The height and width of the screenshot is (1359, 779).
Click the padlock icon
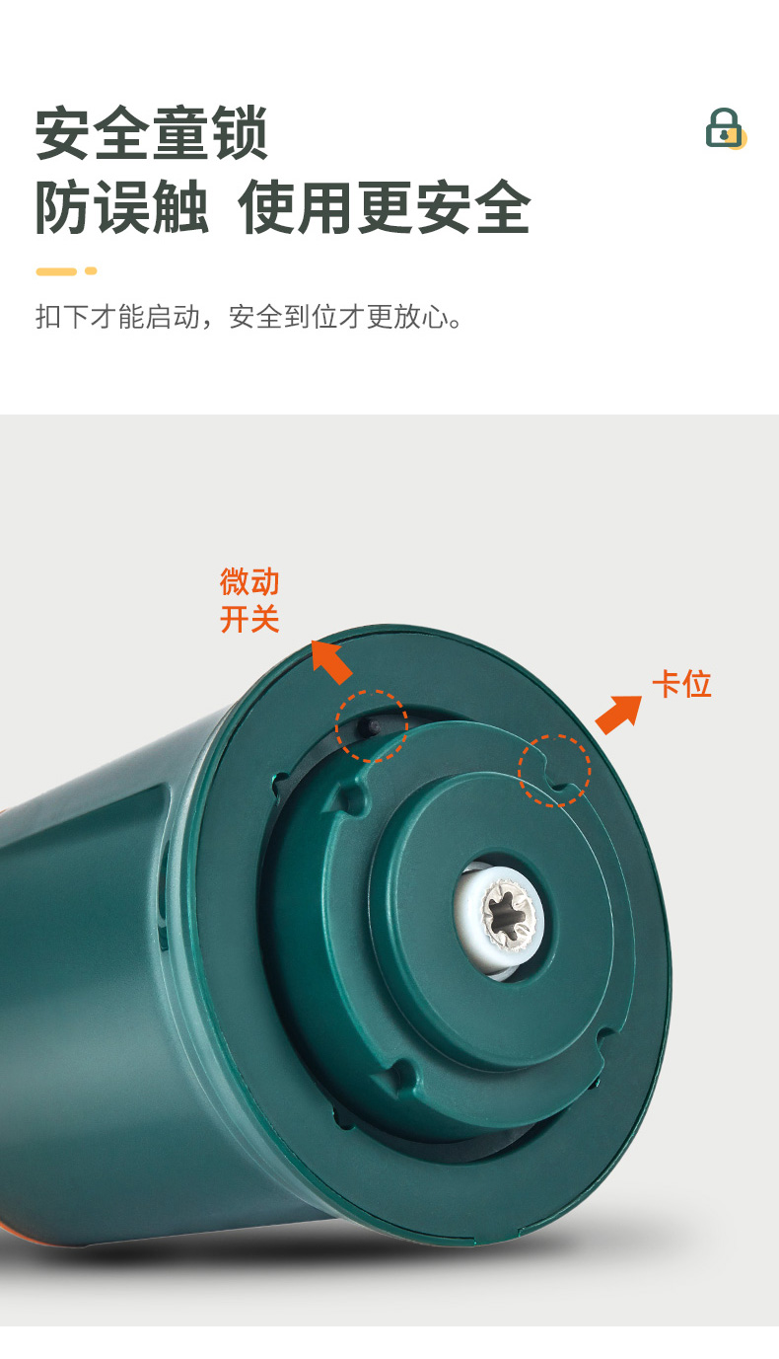(726, 128)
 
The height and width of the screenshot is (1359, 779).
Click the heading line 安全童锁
(152, 133)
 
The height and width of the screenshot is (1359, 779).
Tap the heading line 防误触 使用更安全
(283, 207)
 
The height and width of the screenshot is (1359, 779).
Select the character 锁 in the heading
(240, 133)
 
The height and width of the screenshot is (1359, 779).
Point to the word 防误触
(122, 207)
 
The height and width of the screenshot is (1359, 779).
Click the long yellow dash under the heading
(56, 271)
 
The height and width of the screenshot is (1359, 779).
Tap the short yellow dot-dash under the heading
(91, 271)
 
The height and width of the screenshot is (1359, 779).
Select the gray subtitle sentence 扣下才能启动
(117, 317)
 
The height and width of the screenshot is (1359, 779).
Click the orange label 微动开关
(249, 600)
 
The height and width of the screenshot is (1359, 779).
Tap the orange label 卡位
(682, 684)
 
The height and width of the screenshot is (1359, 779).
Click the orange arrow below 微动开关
(331, 661)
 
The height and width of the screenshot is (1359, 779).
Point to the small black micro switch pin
(371, 725)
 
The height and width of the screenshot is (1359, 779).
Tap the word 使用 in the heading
(297, 207)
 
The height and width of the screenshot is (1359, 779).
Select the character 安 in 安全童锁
(64, 133)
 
